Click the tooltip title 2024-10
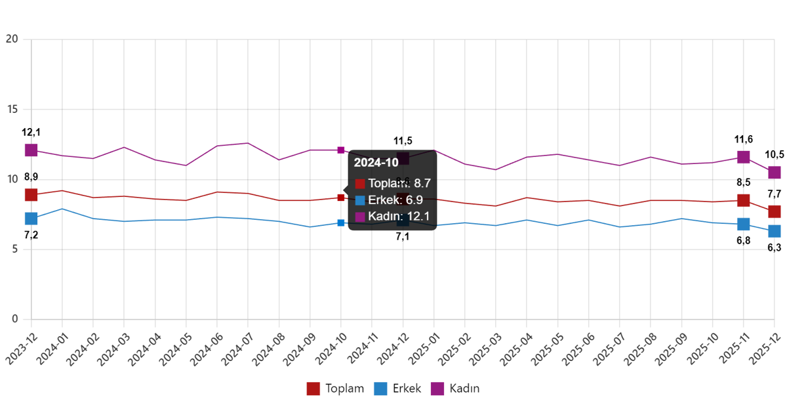click(376, 163)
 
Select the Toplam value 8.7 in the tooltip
click(422, 183)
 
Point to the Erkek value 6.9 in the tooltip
click(414, 200)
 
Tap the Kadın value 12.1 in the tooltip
click(417, 217)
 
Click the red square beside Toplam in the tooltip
click(359, 184)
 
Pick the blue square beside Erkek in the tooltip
click(359, 200)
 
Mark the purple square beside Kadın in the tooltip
click(359, 217)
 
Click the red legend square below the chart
click(313, 389)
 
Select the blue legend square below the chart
click(380, 389)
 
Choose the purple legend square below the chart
click(437, 389)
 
